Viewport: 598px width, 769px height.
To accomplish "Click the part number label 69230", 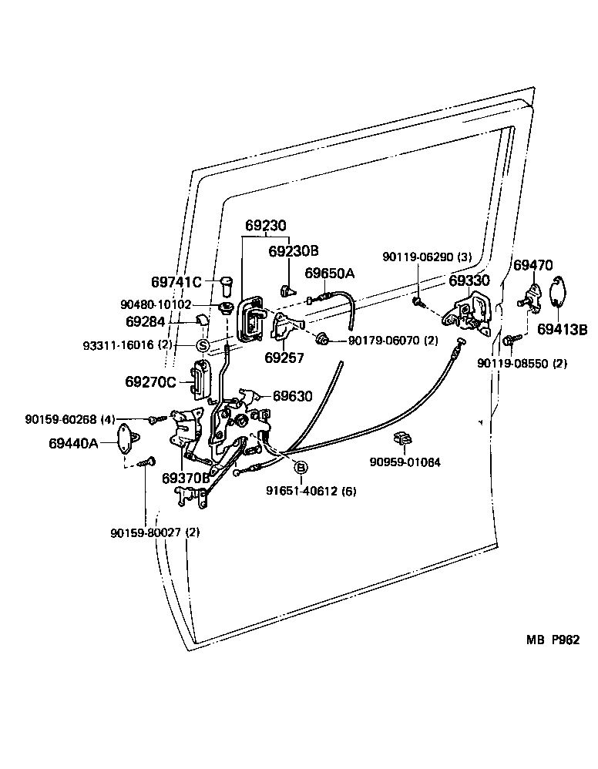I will [x=266, y=227].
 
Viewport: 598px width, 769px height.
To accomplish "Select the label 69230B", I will [x=293, y=251].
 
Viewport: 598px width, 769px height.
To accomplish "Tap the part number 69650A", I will [x=330, y=274].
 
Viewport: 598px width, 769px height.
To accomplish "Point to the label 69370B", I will [x=186, y=478].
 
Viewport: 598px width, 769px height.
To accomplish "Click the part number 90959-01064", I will [x=405, y=463].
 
